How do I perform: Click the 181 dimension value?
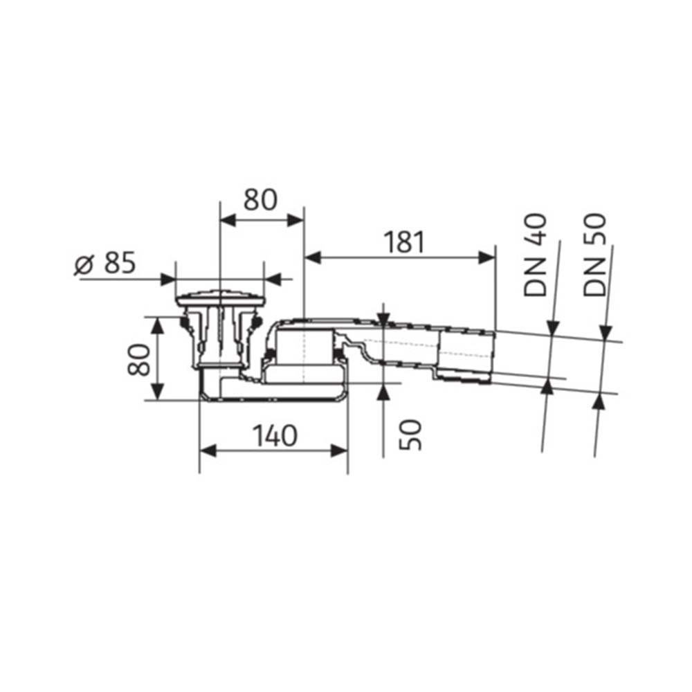tap(403, 242)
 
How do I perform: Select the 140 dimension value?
tap(275, 435)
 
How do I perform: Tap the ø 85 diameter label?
tap(105, 264)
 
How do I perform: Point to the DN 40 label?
tap(535, 255)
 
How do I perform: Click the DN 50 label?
tap(594, 255)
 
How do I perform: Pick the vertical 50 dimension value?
tap(410, 435)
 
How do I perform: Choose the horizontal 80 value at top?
tap(260, 199)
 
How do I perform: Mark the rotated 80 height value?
tap(138, 359)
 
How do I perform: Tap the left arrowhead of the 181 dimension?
tap(313, 257)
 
